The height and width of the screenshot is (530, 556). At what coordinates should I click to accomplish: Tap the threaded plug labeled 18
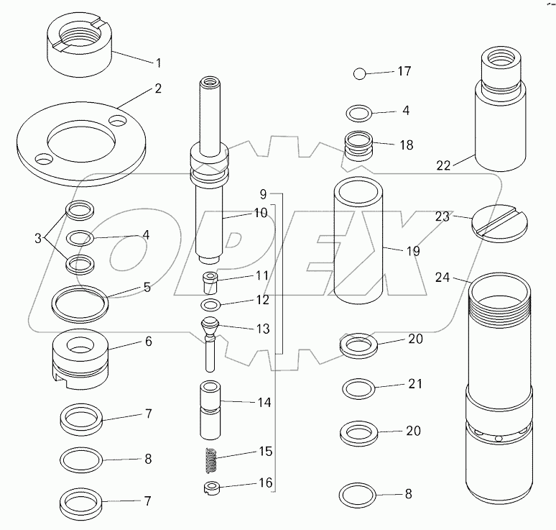point(359,147)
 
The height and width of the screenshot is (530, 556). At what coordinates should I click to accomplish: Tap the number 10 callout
point(239,213)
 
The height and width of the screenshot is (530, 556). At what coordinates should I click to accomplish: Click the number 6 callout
point(148,342)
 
